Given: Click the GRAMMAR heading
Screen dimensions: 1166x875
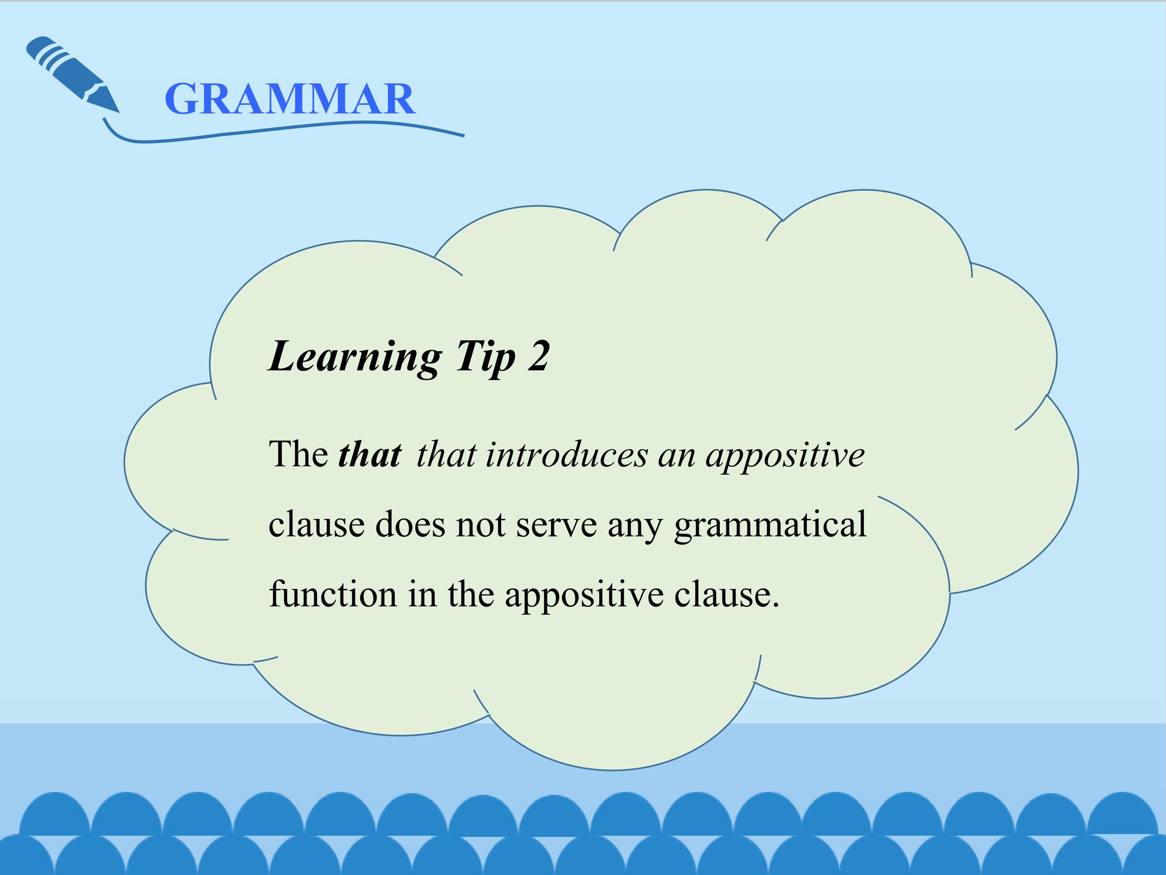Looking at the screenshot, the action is click(290, 99).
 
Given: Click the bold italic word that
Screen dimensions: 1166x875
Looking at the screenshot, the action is click(370, 455).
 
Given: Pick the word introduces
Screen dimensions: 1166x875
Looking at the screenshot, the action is click(566, 455).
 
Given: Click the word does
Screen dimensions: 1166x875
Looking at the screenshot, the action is click(410, 524).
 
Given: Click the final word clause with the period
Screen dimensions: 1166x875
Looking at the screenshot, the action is click(726, 594).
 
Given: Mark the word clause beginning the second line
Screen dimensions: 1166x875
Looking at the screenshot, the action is click(316, 524).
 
